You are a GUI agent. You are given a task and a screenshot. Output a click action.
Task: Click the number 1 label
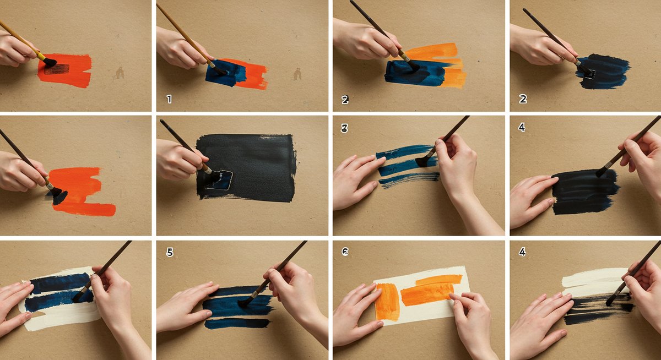[169, 99]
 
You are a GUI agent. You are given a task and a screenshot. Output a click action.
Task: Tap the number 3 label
[344, 128]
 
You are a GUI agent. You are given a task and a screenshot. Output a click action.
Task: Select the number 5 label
[170, 252]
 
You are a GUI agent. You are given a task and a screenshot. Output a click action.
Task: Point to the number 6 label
[345, 252]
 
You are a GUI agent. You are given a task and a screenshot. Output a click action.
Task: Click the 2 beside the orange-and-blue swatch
[345, 100]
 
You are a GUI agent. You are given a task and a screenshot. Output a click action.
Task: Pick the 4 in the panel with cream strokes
[522, 252]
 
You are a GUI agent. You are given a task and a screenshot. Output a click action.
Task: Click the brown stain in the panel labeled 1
[297, 74]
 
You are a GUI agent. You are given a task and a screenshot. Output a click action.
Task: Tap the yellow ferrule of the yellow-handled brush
[41, 56]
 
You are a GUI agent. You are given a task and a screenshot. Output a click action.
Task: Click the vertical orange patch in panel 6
[387, 302]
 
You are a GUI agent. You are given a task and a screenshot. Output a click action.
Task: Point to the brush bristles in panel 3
[422, 162]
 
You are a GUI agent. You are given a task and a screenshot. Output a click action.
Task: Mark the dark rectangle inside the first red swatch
[56, 69]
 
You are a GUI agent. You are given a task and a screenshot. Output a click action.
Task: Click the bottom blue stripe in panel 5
[237, 324]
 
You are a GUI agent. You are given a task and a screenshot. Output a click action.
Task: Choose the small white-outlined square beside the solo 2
[589, 74]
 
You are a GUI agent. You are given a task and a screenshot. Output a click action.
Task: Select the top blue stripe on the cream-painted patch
[61, 283]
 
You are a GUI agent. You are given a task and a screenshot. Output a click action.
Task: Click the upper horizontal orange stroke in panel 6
[439, 280]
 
